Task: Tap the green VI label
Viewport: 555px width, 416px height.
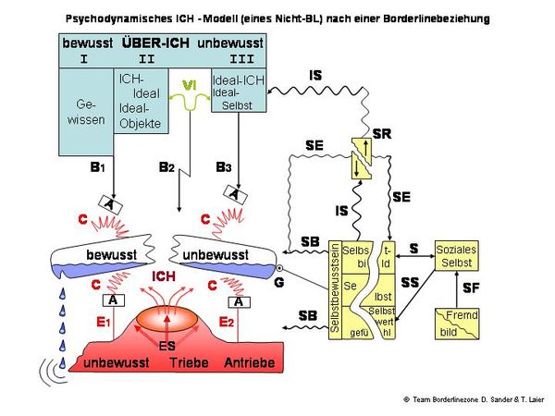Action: (x=189, y=85)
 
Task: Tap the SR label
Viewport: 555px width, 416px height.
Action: (x=381, y=134)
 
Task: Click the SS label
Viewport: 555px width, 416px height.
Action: (x=409, y=280)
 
